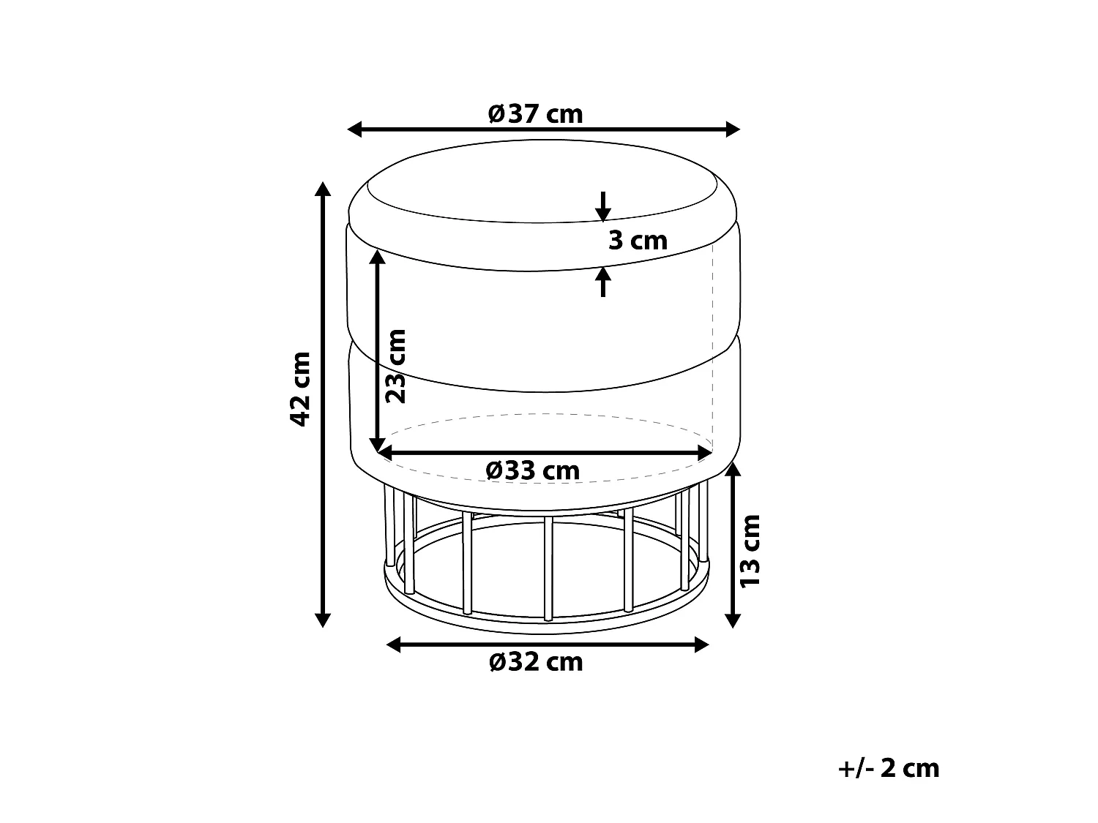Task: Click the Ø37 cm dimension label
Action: pos(535,114)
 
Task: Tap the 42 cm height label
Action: pos(301,389)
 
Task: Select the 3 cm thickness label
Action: pos(638,241)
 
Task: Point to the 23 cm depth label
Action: pos(396,367)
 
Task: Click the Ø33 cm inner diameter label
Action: pos(533,470)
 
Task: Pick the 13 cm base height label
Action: pos(750,551)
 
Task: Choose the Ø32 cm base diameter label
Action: pos(537,662)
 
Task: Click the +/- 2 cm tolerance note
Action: pos(889,768)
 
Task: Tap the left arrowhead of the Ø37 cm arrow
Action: pos(354,129)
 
